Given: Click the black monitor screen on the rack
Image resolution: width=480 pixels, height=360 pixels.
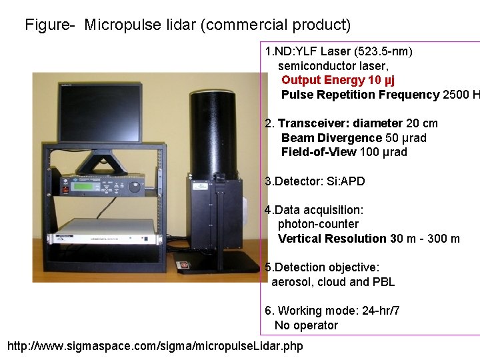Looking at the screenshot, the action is pyautogui.click(x=99, y=113).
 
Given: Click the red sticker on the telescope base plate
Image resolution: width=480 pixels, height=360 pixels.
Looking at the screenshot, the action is pyautogui.click(x=184, y=265).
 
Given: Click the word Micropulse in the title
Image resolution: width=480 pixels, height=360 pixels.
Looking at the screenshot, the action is pyautogui.click(x=118, y=25).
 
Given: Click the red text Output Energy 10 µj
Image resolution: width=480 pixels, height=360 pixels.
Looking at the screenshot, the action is pyautogui.click(x=337, y=80).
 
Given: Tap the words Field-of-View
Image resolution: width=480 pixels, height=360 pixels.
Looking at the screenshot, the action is pyautogui.click(x=319, y=152).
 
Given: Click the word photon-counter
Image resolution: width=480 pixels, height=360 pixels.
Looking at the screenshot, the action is pyautogui.click(x=318, y=224).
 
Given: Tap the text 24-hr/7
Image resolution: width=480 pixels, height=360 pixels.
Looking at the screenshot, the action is pyautogui.click(x=377, y=311).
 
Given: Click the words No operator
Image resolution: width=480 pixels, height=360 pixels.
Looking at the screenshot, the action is pyautogui.click(x=306, y=325).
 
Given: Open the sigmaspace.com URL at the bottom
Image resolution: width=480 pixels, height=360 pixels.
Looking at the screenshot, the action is pyautogui.click(x=155, y=346).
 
